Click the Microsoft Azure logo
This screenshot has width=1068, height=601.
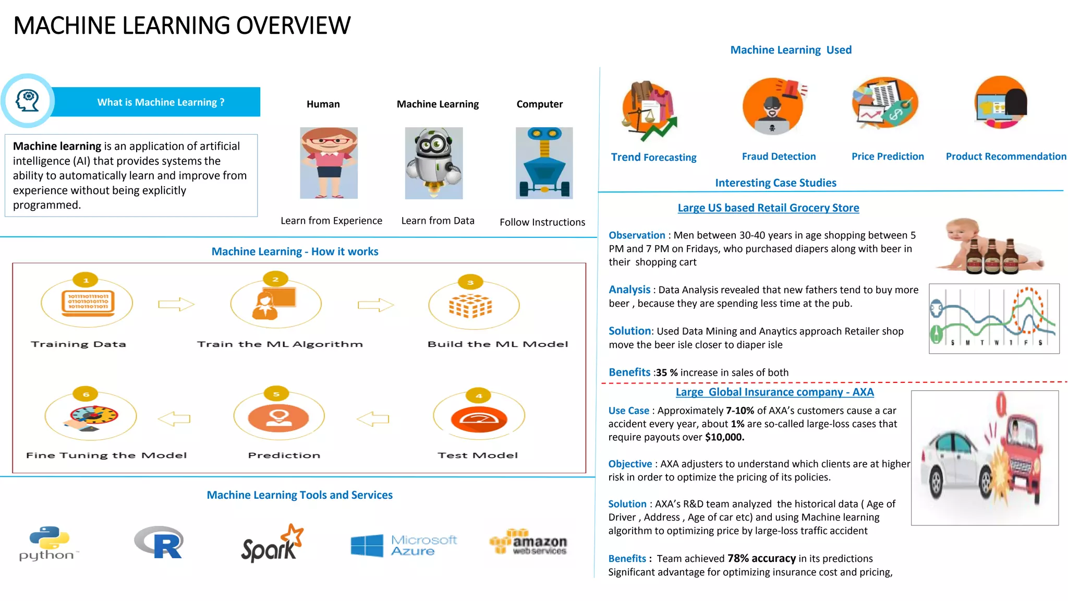pos(404,545)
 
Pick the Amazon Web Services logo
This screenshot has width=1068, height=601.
pos(528,543)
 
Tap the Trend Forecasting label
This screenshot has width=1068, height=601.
pos(653,157)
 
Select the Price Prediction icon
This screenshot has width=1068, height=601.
pos(884,103)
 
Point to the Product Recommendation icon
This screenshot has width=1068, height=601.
pos(1001,103)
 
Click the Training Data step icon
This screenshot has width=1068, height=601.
pos(87,303)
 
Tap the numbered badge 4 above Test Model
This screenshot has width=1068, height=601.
pos(479,395)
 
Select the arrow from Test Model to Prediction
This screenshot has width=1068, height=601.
pos(373,418)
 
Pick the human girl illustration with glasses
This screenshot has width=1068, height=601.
pos(329,163)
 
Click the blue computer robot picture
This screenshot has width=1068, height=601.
pos(544,163)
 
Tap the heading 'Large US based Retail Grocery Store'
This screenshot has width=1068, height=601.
pos(768,208)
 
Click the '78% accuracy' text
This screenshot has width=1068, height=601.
pos(761,558)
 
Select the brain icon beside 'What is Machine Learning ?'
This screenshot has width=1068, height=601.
pos(28,101)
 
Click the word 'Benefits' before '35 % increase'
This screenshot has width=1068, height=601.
pos(629,372)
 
